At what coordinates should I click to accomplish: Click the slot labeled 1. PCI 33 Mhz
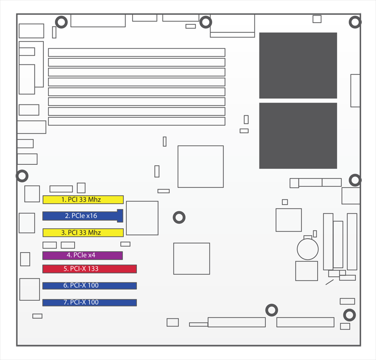83,200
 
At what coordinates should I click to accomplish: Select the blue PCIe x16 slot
83,216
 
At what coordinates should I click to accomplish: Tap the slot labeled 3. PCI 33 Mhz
83,232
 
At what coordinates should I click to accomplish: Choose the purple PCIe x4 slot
83,255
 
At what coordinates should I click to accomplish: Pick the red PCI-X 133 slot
89,269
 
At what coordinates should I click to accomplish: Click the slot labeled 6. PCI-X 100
89,286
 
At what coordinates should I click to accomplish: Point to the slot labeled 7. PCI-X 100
89,303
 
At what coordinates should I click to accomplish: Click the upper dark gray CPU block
298,65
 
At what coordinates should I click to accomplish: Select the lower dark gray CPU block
298,136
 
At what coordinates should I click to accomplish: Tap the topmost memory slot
137,52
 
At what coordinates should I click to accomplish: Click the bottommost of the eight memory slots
137,121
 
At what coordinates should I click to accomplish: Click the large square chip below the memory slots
201,167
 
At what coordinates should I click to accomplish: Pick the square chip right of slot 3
142,218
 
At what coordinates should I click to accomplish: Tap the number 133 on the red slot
93,269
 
